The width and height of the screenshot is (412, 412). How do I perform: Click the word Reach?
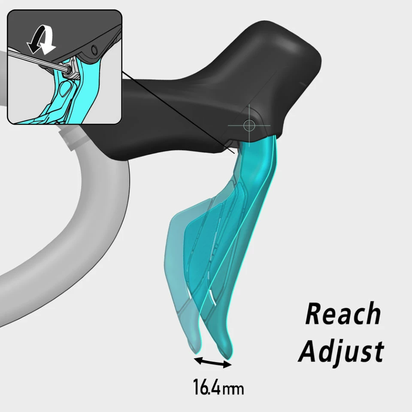342,314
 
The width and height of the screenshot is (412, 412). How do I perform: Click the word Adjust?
341,351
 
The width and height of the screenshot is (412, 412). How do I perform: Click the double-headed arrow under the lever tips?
212,361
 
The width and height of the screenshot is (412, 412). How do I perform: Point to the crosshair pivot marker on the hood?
249,125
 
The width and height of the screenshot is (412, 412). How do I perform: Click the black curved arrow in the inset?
33,43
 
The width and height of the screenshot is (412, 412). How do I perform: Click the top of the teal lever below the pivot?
257,148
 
